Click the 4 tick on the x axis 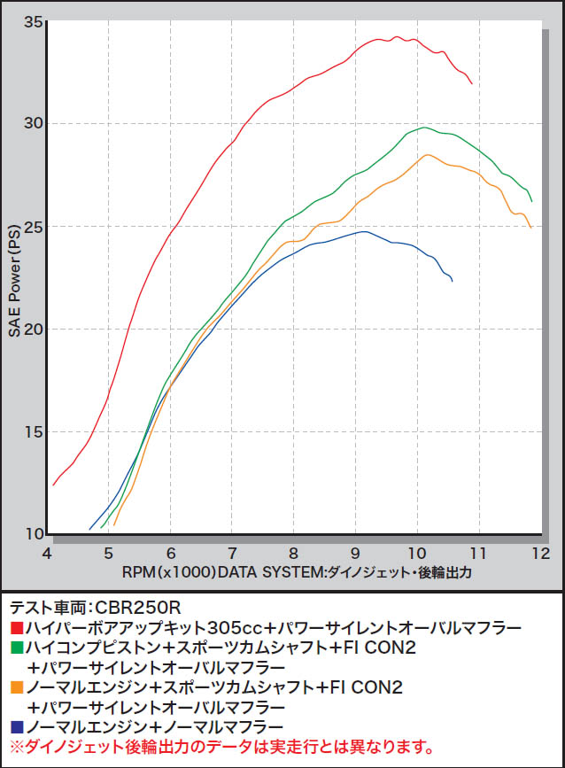click(x=48, y=553)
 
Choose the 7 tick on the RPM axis click(x=232, y=553)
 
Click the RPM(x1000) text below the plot click(x=168, y=572)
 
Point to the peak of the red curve click(x=397, y=37)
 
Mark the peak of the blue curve click(x=364, y=231)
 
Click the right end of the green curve click(x=531, y=201)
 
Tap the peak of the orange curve click(x=428, y=155)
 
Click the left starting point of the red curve click(x=54, y=485)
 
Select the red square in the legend click(x=15, y=628)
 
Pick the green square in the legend click(x=15, y=648)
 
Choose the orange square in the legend click(x=15, y=687)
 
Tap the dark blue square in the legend click(x=15, y=727)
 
